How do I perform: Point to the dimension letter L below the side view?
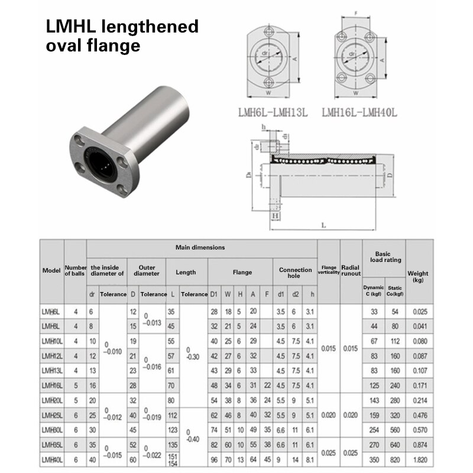click(x=323, y=225)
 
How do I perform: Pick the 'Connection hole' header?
click(x=296, y=273)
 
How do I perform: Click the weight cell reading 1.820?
click(x=419, y=459)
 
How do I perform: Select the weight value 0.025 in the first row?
click(x=419, y=312)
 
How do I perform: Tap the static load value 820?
click(x=395, y=459)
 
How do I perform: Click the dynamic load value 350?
click(x=373, y=459)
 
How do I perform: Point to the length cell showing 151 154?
click(x=173, y=459)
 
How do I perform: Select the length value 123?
click(x=173, y=430)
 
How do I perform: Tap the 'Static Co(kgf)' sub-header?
click(x=395, y=290)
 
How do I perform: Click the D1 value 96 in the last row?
click(x=214, y=459)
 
